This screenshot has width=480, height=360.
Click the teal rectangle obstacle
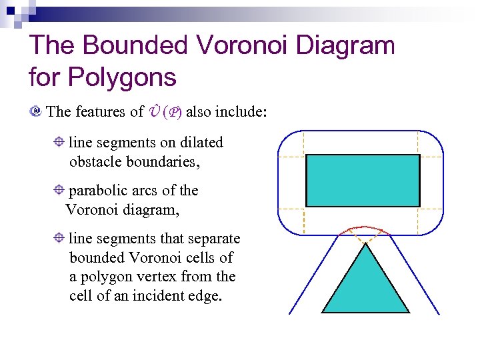pos(363,181)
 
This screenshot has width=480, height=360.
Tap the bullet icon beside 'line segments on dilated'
pos(59,142)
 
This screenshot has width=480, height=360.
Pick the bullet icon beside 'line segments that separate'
pos(59,238)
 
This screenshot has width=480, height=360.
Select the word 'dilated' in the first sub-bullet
pos(201,143)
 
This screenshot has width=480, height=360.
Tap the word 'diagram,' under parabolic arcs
pos(151,210)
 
